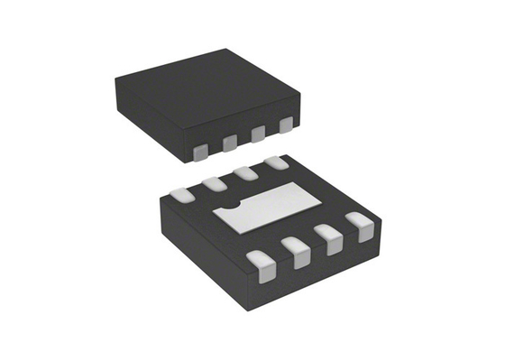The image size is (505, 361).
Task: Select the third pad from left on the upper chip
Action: (258, 134)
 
